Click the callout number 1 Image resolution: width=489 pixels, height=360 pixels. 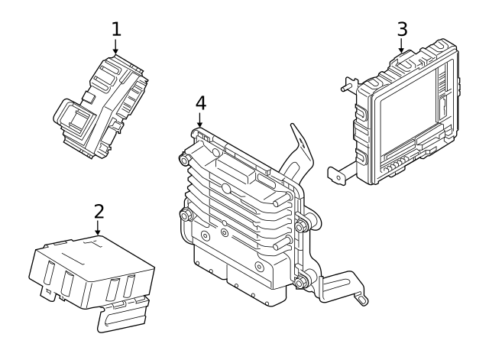point(116,29)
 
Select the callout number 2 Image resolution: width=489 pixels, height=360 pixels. point(98,209)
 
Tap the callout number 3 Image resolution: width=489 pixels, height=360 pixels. point(402,29)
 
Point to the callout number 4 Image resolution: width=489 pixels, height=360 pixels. point(200,102)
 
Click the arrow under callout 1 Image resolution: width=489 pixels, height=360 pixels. point(116,47)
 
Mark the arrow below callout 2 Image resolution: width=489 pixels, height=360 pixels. point(98,228)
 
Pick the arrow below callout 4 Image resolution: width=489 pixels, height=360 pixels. point(200,120)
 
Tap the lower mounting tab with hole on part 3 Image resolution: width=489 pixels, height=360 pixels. point(337,174)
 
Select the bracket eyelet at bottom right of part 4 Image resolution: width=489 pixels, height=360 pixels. point(359,300)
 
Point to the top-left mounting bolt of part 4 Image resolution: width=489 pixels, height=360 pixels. point(183,160)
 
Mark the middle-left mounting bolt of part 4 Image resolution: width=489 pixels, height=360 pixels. point(183,215)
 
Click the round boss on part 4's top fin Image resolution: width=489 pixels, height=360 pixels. point(226,187)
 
